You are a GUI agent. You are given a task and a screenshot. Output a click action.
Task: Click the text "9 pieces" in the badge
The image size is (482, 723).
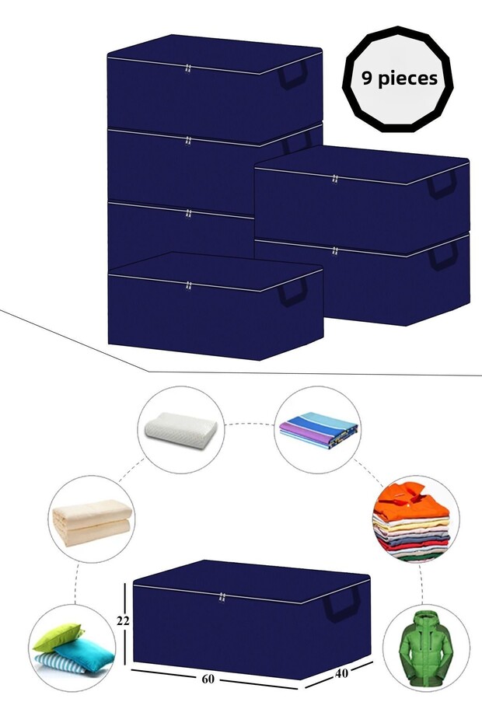point(400,79)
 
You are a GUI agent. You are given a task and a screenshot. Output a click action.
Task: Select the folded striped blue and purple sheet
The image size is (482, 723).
point(319,430)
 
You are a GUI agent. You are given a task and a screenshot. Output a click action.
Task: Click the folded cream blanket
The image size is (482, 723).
point(93,522)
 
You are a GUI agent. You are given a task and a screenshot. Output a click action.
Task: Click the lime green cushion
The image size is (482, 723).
point(58,637)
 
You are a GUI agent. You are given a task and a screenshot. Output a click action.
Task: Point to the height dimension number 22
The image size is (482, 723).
point(123,621)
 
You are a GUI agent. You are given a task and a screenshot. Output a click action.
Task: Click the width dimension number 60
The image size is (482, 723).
point(208,679)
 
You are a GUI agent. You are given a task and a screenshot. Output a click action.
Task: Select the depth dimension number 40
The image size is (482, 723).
point(341,673)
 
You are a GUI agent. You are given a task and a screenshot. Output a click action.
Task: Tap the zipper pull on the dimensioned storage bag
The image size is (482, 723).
point(222,598)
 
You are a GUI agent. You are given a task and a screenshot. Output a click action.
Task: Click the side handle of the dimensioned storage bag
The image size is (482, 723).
point(342,605)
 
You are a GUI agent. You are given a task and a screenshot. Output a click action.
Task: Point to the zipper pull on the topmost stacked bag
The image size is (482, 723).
point(187,69)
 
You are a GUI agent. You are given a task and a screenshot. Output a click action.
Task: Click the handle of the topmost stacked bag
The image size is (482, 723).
point(293,75)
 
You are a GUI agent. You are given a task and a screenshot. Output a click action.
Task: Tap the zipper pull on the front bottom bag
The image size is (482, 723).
point(188,286)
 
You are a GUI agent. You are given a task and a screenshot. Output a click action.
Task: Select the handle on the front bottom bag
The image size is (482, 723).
point(293,292)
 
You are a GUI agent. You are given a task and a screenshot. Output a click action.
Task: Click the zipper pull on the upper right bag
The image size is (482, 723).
point(335,179)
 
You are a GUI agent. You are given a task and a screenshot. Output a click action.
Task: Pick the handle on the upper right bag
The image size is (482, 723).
point(442,184)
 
